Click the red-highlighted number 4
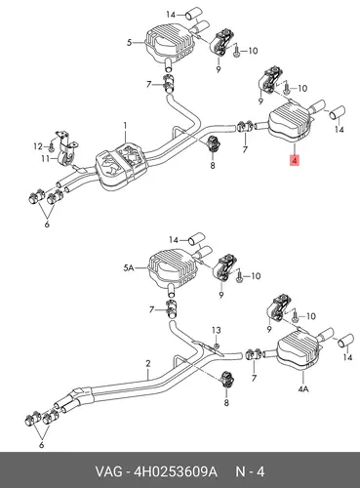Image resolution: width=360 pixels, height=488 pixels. pos(295,160)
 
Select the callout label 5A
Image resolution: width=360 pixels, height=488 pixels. pos(129,267)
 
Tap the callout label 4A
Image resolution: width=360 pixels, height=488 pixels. pos(303,388)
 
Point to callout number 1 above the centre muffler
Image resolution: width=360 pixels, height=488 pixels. pos(125,125)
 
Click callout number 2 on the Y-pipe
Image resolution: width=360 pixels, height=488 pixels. pos(148,363)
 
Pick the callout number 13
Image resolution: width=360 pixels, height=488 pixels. pos(217,330)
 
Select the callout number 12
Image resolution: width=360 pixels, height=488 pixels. pos(38,146)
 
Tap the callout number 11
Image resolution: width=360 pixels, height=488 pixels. pos(45,158)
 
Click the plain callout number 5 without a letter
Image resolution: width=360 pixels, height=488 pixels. pos(130,42)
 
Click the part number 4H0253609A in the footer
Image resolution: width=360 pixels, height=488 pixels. pos(176,471)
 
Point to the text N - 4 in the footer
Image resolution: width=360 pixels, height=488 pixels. pos(250,471)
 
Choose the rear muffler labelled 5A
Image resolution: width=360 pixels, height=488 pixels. pos(173,268)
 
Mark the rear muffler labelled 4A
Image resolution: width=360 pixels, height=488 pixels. pos(299,350)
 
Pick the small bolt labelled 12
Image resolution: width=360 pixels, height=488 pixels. pos(52,146)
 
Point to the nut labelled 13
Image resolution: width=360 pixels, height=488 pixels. pos(216,346)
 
